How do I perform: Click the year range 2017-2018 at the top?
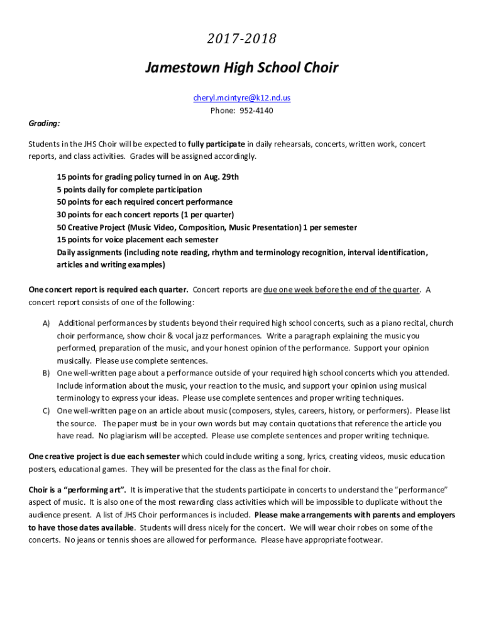click(241, 40)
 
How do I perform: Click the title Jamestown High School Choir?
click(241, 67)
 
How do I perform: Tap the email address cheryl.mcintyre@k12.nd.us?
click(241, 98)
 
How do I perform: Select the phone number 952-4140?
click(255, 111)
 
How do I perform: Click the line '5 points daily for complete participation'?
click(129, 190)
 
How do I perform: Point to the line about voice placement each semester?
click(138, 240)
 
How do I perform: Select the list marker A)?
click(46, 323)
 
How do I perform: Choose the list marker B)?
click(46, 373)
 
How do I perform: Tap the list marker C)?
click(46, 411)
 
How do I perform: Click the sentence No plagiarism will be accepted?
click(153, 436)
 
